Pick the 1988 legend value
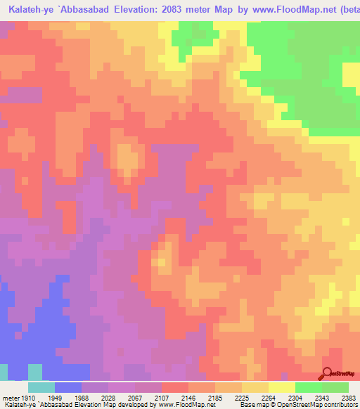click(82, 397)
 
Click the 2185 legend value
click(217, 397)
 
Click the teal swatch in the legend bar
click(41, 387)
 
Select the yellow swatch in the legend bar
click(281, 387)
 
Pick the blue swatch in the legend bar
click(67, 387)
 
